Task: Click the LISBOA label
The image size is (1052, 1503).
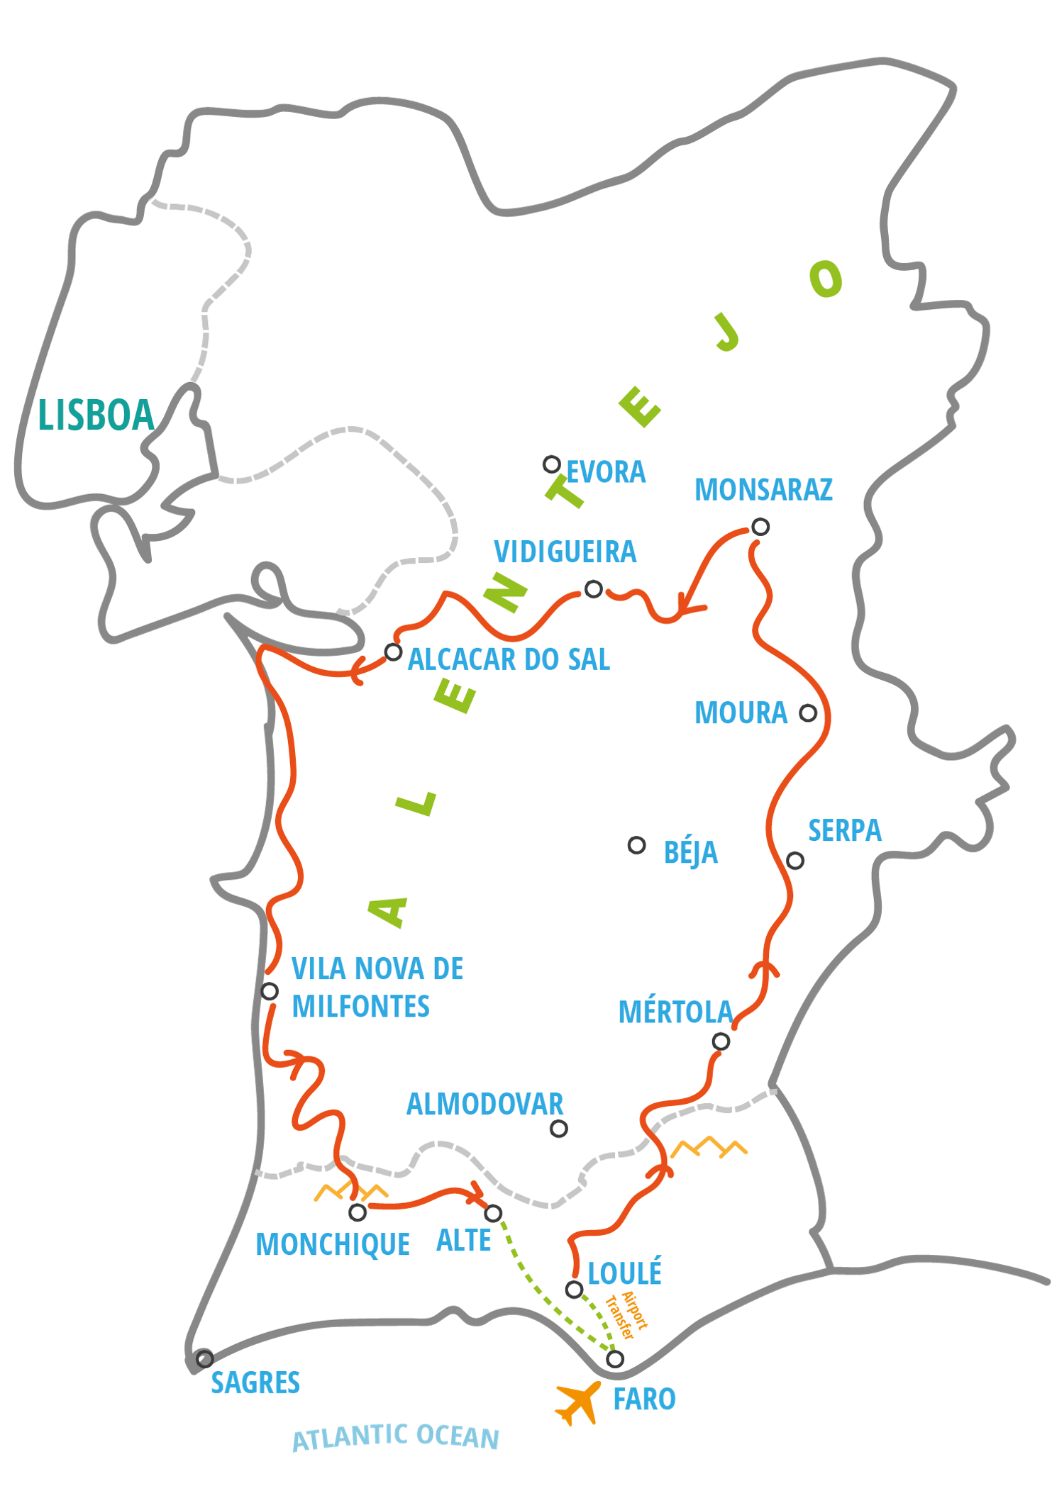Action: click(x=96, y=415)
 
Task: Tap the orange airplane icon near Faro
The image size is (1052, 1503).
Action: click(x=577, y=1403)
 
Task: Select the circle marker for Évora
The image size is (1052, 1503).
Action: click(x=552, y=464)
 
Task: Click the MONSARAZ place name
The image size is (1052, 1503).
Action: click(x=763, y=490)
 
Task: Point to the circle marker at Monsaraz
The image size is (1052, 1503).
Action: click(x=760, y=527)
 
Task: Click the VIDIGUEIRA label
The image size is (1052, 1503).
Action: click(x=565, y=552)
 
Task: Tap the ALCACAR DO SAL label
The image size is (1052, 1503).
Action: click(x=509, y=660)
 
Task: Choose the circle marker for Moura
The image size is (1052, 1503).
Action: click(x=808, y=713)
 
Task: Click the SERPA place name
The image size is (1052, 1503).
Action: click(x=845, y=830)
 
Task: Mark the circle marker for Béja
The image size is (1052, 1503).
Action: click(x=637, y=845)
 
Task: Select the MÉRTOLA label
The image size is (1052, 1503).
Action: click(x=675, y=1012)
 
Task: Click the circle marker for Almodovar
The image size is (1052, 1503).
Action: click(x=559, y=1128)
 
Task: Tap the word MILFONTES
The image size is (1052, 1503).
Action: click(x=360, y=1007)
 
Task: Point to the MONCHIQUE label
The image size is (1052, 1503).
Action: click(x=333, y=1244)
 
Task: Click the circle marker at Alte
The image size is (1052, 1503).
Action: click(x=493, y=1213)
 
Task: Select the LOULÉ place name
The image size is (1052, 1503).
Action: click(x=624, y=1273)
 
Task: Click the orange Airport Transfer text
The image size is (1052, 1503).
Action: click(x=626, y=1315)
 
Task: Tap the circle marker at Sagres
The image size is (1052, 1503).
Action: click(x=204, y=1359)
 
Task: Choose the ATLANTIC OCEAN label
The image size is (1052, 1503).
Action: click(x=396, y=1437)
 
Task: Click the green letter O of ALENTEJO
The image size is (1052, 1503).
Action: click(x=826, y=279)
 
